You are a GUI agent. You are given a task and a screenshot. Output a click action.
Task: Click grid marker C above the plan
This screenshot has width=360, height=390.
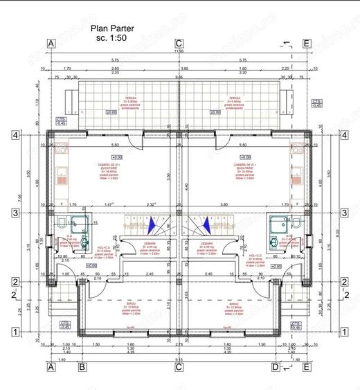pos(179,43)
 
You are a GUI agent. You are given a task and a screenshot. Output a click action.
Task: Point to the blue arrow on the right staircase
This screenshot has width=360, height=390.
pos(206,224)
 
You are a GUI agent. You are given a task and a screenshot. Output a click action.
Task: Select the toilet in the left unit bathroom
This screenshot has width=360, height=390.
pos(62,223)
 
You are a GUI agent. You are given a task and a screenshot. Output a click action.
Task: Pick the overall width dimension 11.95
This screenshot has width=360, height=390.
pos(179,51)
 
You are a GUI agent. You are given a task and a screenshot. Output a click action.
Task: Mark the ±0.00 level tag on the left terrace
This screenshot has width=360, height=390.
pos(109,111)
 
